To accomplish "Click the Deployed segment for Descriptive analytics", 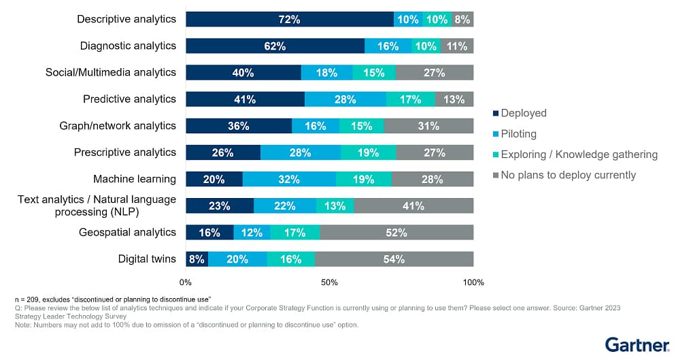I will pos(290,19).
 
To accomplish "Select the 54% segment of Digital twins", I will pos(394,259).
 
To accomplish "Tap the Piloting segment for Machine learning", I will pos(289,179).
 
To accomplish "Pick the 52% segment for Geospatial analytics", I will pos(396,232).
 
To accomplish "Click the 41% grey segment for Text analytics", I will pos(413,206).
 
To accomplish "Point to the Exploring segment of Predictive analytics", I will pos(411,99).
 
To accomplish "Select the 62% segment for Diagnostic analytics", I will pos(275,46).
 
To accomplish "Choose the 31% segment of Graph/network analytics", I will pos(429,126).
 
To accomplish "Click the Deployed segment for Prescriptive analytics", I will pos(222,152).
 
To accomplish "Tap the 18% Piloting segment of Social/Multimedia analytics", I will pos(326,72).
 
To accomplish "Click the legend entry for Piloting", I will pos(518,134).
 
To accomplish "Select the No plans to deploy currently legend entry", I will pos(568,175).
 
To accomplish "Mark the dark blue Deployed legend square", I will pos(495,114).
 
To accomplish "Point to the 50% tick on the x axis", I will pos(330,282).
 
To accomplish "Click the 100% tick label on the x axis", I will pos(473,282).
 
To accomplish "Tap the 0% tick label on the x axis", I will pos(186,282).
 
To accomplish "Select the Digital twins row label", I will pos(147,259).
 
